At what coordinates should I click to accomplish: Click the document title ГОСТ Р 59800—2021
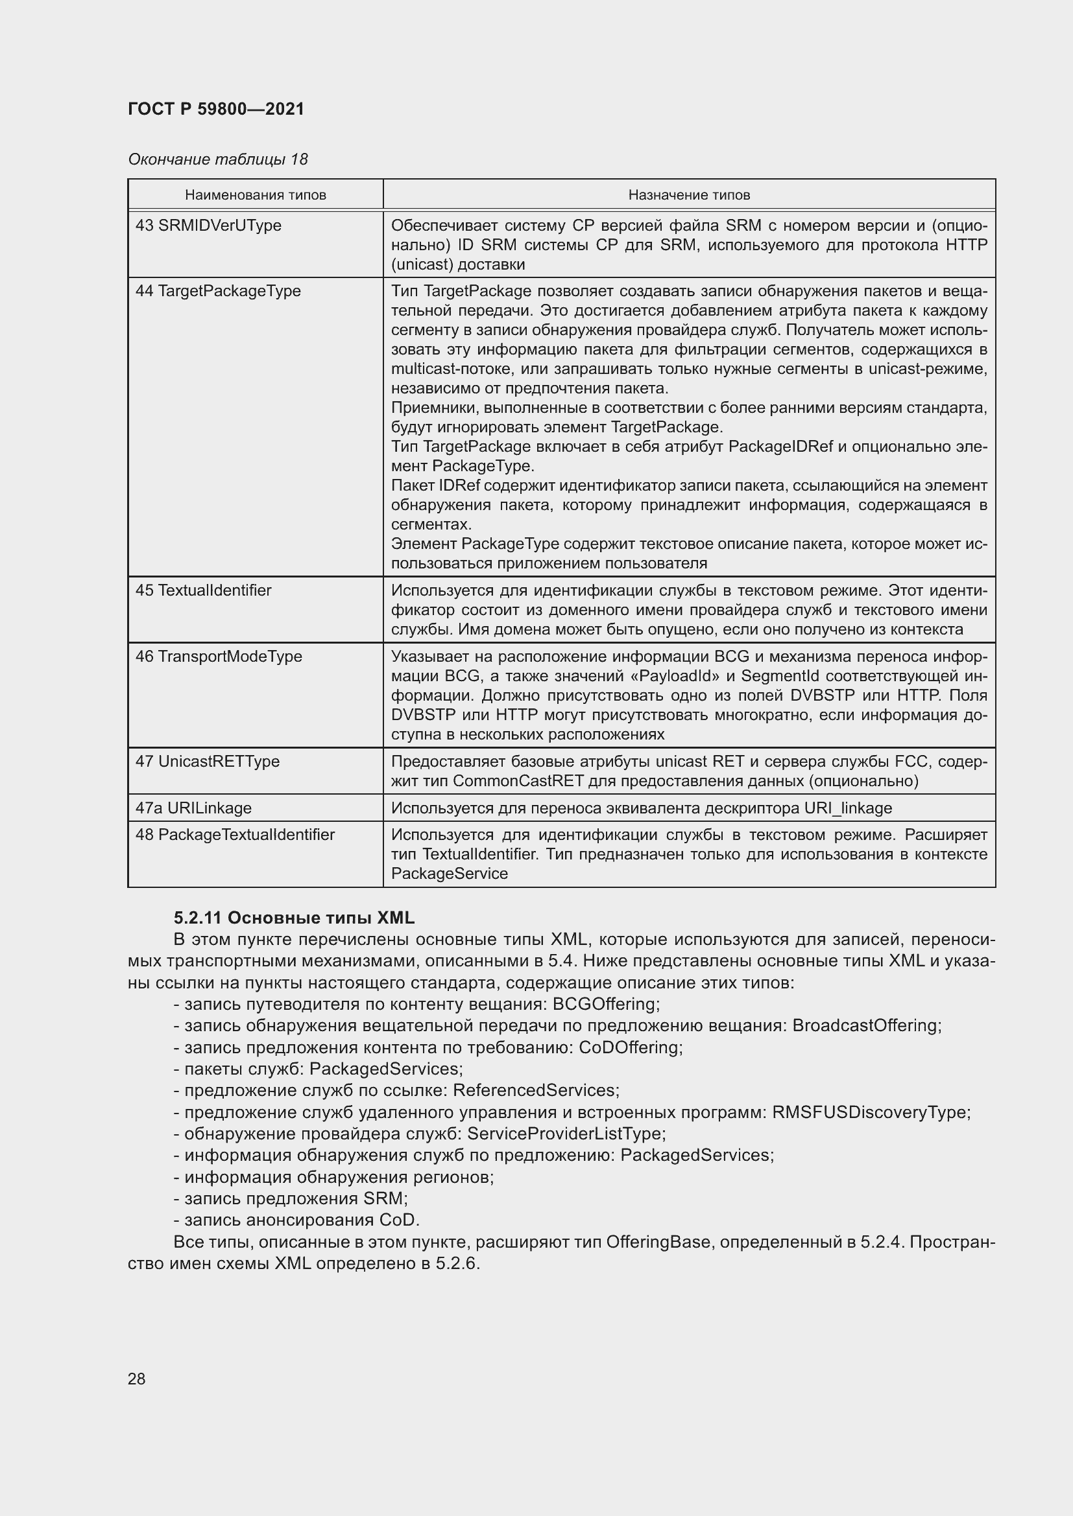tap(216, 109)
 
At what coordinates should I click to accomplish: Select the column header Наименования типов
tap(255, 195)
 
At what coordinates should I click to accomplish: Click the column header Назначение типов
tap(688, 195)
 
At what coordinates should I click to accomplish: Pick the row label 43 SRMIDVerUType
tap(208, 226)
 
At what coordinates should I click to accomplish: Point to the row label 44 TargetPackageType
tap(218, 291)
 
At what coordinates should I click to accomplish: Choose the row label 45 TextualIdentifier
tap(204, 590)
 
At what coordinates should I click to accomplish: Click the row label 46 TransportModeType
tap(219, 657)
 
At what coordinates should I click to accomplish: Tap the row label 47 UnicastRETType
tap(208, 762)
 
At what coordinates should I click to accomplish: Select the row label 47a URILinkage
tap(193, 808)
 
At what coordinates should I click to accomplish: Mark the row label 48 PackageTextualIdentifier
tap(235, 835)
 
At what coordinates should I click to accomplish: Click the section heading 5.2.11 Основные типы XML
tap(294, 918)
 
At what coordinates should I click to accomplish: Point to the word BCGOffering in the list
tap(605, 1004)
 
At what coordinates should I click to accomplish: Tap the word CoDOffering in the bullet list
tap(630, 1048)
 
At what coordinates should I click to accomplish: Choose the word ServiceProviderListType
tap(565, 1134)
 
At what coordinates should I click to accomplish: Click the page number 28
tap(137, 1379)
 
